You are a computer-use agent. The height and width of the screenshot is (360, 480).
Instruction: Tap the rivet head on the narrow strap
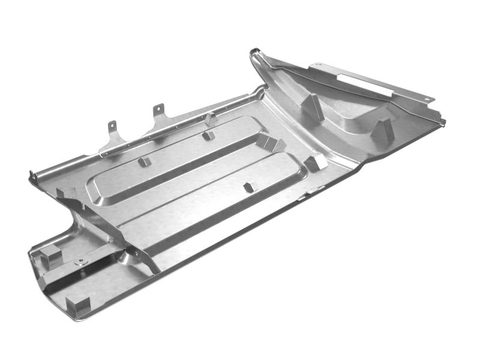pos(80,262)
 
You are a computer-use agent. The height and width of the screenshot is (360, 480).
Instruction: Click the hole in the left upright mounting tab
pos(112,125)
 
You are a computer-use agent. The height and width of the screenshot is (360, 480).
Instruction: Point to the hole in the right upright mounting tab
pos(158,109)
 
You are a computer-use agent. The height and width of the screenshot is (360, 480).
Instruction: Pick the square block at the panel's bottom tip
pos(78,305)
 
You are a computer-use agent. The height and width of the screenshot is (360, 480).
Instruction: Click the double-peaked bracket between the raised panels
pos(269,143)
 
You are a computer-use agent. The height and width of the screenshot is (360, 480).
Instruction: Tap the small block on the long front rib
pos(248,187)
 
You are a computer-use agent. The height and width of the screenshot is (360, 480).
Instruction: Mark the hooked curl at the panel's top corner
pos(255,55)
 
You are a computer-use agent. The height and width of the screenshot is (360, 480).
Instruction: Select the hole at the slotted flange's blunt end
pos(313,64)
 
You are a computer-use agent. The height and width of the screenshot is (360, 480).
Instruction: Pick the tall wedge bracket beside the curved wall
pos(313,106)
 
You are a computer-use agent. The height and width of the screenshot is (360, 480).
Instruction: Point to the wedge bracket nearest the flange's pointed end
pos(382,130)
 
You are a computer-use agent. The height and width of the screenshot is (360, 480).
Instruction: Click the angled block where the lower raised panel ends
pos(315,161)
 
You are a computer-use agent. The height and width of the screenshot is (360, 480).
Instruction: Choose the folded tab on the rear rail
pos(210,118)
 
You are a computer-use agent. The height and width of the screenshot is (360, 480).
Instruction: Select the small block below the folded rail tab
pos(208,135)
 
